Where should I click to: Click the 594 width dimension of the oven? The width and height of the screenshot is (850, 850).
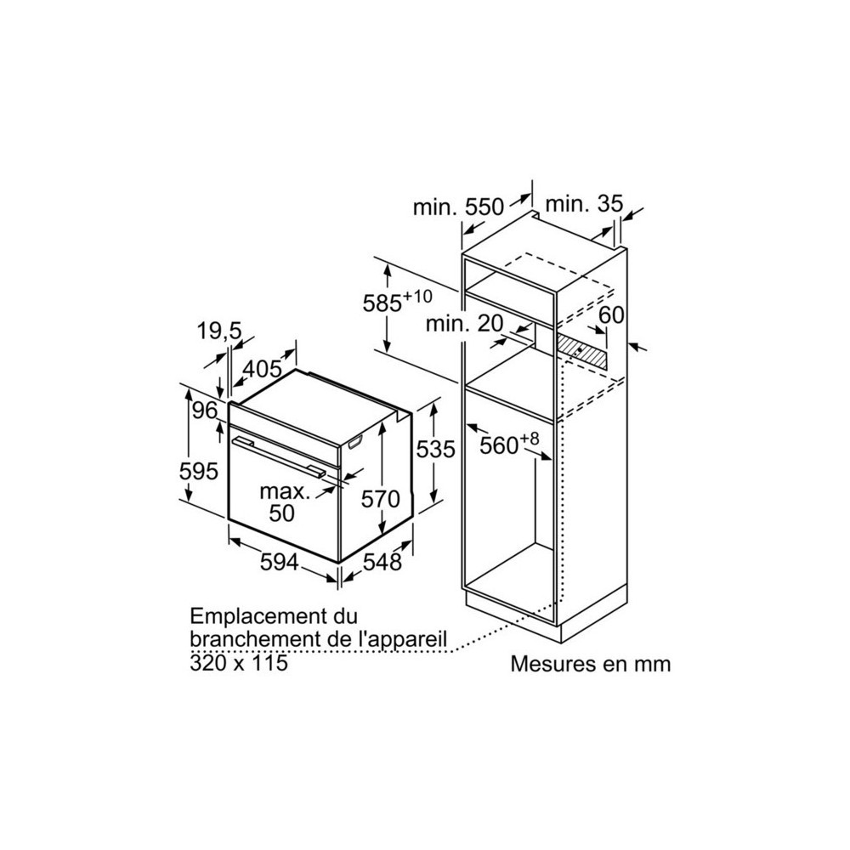[279, 562]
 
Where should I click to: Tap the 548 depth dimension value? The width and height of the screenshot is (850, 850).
[382, 562]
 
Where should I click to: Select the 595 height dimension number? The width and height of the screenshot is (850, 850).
[198, 471]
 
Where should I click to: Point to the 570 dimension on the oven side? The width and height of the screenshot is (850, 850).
[381, 499]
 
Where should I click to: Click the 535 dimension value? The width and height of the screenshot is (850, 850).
[435, 449]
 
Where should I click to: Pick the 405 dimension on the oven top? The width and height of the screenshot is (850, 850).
[263, 369]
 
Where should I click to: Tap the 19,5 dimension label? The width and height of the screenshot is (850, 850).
[218, 331]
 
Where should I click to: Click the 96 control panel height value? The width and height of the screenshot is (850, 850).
[206, 411]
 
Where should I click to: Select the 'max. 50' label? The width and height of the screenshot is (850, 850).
[285, 502]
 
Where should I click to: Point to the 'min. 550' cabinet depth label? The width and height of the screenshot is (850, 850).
[458, 207]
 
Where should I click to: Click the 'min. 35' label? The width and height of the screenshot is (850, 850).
[585, 204]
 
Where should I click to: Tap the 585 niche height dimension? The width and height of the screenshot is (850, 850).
[397, 302]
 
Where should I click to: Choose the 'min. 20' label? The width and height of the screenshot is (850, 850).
[465, 324]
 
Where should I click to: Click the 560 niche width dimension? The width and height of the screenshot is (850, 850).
[509, 444]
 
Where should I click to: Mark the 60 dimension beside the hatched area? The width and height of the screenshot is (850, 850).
[611, 314]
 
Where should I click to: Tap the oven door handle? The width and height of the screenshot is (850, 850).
[279, 457]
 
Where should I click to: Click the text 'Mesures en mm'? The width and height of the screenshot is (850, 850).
[591, 664]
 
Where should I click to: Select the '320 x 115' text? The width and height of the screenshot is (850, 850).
[239, 662]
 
